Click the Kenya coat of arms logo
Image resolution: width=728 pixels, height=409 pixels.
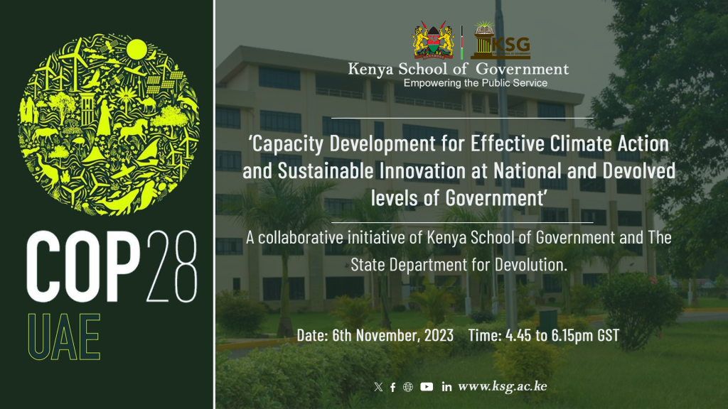(x=433, y=40)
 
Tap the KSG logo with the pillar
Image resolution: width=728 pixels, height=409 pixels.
(x=500, y=40)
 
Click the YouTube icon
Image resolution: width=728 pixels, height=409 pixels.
(x=427, y=387)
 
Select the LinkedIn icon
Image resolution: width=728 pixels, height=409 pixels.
(x=446, y=387)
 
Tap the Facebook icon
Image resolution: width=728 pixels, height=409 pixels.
(x=392, y=387)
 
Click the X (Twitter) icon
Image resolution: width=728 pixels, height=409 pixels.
(x=378, y=387)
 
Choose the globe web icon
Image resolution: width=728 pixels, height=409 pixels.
(x=407, y=387)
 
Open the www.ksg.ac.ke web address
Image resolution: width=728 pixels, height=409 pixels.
(x=503, y=386)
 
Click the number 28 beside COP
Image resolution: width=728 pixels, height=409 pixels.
(x=172, y=267)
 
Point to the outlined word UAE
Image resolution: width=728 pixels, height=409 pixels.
(x=64, y=337)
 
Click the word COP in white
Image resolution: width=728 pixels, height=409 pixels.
(x=83, y=267)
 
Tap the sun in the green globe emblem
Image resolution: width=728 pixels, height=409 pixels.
(x=136, y=50)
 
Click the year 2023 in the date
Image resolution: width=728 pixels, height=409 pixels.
(x=439, y=335)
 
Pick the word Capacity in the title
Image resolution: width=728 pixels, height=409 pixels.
(x=286, y=144)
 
